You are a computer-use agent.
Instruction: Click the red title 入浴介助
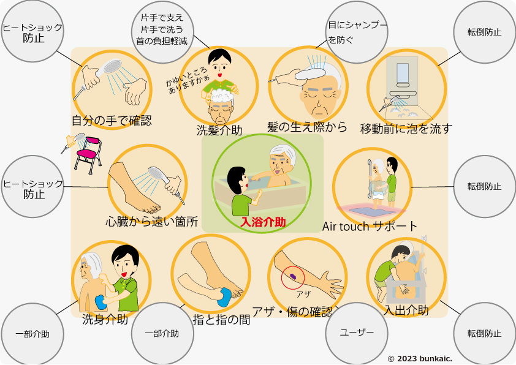[x=263, y=222]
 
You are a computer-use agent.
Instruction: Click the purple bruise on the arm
[x=293, y=276]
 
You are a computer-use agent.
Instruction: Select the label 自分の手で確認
[x=112, y=121]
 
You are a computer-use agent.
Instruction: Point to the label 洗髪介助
[x=219, y=130]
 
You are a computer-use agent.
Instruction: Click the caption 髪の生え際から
[x=307, y=127]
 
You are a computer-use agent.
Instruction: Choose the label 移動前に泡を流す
[x=406, y=129]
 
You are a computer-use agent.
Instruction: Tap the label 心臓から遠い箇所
[x=152, y=221]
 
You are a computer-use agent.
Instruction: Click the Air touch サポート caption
[x=370, y=226]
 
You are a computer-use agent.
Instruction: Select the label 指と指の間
[x=221, y=319]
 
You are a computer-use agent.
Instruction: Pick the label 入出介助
[x=406, y=310]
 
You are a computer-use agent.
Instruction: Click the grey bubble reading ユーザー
[x=357, y=333]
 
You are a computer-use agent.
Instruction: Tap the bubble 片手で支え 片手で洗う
[x=162, y=32]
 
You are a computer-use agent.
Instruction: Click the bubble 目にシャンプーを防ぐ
[x=357, y=32]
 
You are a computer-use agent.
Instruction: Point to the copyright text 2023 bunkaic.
[x=420, y=359]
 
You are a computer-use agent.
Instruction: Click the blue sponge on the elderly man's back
[x=101, y=302]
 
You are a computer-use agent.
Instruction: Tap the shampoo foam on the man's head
[x=222, y=96]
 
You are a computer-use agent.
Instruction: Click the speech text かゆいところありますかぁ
[x=187, y=80]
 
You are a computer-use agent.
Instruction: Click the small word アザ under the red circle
[x=303, y=294]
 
